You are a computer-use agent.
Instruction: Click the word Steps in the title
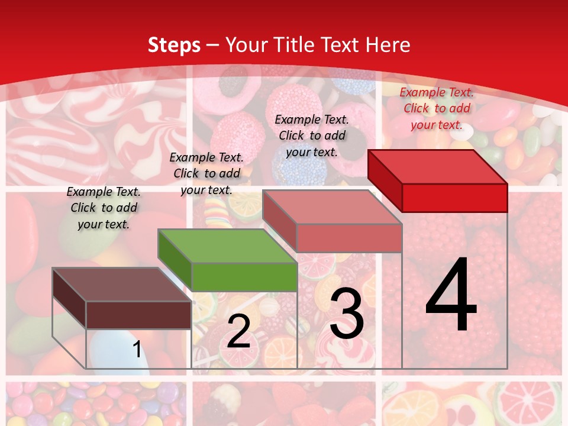point(174,45)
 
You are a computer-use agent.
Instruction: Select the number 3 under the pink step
point(346,314)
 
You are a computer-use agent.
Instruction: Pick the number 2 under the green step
point(238,332)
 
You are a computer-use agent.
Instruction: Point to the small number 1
point(137,349)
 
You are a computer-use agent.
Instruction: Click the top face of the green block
point(227,246)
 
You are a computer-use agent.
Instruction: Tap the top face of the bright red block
point(437,166)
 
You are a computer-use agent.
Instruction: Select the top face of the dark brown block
point(121,284)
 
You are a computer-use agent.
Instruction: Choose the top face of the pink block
point(332,206)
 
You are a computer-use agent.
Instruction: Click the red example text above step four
point(437,108)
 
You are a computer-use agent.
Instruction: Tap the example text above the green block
point(206,173)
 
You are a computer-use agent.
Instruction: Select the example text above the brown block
point(104,208)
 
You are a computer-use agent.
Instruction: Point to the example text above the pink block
point(312,135)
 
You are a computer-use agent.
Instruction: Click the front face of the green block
point(244,277)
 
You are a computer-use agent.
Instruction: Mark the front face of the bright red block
point(454,198)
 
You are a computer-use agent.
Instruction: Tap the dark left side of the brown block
point(69,293)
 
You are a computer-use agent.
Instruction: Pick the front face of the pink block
point(349,238)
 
